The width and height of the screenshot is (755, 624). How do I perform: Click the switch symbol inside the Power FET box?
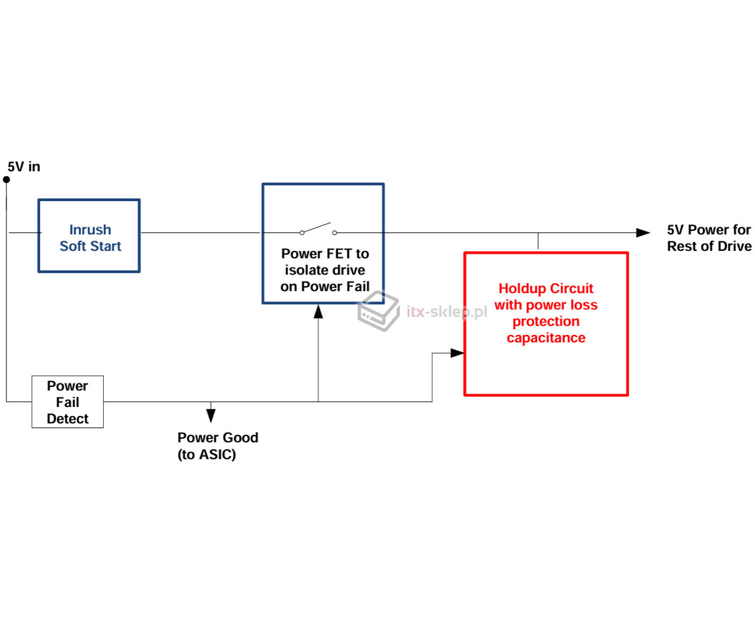(318, 229)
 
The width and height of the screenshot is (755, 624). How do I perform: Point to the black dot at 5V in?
(6, 180)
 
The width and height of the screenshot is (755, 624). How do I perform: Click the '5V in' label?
(24, 166)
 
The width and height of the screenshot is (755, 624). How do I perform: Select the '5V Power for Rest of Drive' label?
(709, 238)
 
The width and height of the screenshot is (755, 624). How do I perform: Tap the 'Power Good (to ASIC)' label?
(217, 446)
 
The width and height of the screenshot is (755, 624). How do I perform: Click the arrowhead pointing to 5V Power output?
(643, 233)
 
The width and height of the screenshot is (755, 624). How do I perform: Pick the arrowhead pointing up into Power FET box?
(318, 312)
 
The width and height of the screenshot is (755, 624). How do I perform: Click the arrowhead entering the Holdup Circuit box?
(457, 353)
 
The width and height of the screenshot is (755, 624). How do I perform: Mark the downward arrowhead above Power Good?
(211, 415)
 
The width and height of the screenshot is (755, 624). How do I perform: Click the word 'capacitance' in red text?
(546, 338)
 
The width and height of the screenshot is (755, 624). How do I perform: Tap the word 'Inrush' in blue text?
(90, 229)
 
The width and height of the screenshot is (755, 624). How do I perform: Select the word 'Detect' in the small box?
(67, 419)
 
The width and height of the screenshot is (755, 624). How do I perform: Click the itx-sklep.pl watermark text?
(447, 312)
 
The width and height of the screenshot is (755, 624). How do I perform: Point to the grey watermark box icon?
(378, 311)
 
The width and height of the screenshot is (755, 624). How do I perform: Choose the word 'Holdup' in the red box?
(522, 288)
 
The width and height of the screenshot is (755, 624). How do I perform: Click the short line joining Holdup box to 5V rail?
(538, 241)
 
